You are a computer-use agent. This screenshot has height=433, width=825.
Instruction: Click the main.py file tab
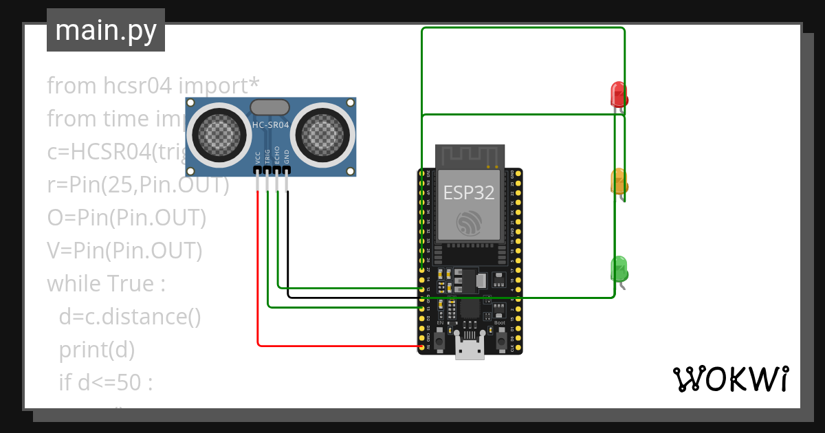coord(105,30)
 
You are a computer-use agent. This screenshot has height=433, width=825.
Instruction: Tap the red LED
coord(619,95)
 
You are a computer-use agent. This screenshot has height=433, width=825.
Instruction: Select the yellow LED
coord(619,181)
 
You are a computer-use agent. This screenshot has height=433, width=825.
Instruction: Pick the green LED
coord(619,268)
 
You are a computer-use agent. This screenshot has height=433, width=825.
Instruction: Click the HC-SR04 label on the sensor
coord(271,125)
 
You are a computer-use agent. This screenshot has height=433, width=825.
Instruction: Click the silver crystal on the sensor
coord(270,107)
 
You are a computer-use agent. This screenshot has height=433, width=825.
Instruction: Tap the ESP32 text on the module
coord(468,192)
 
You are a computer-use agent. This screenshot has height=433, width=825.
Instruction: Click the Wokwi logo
coord(730,379)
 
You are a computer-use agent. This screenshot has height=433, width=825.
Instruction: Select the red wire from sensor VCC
coord(258,275)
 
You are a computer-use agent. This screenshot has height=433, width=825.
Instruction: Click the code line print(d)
coord(96,350)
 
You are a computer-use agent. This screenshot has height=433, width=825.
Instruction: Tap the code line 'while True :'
coord(106,284)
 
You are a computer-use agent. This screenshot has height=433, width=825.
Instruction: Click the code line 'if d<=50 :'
coord(105,383)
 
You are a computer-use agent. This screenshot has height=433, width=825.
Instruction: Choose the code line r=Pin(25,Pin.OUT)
coord(137,185)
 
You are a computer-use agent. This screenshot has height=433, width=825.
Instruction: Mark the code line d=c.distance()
coord(129,317)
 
